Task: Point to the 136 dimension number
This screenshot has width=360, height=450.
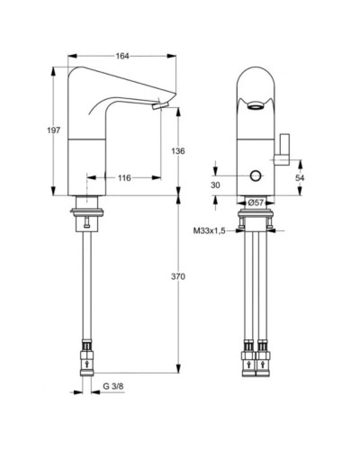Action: pos(177,151)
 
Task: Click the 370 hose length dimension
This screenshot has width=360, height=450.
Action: pos(177,277)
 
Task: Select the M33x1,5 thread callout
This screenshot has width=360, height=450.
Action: pos(209,230)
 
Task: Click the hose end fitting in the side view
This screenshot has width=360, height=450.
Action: pos(88,357)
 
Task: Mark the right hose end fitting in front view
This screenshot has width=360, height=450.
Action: pos(267,357)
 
